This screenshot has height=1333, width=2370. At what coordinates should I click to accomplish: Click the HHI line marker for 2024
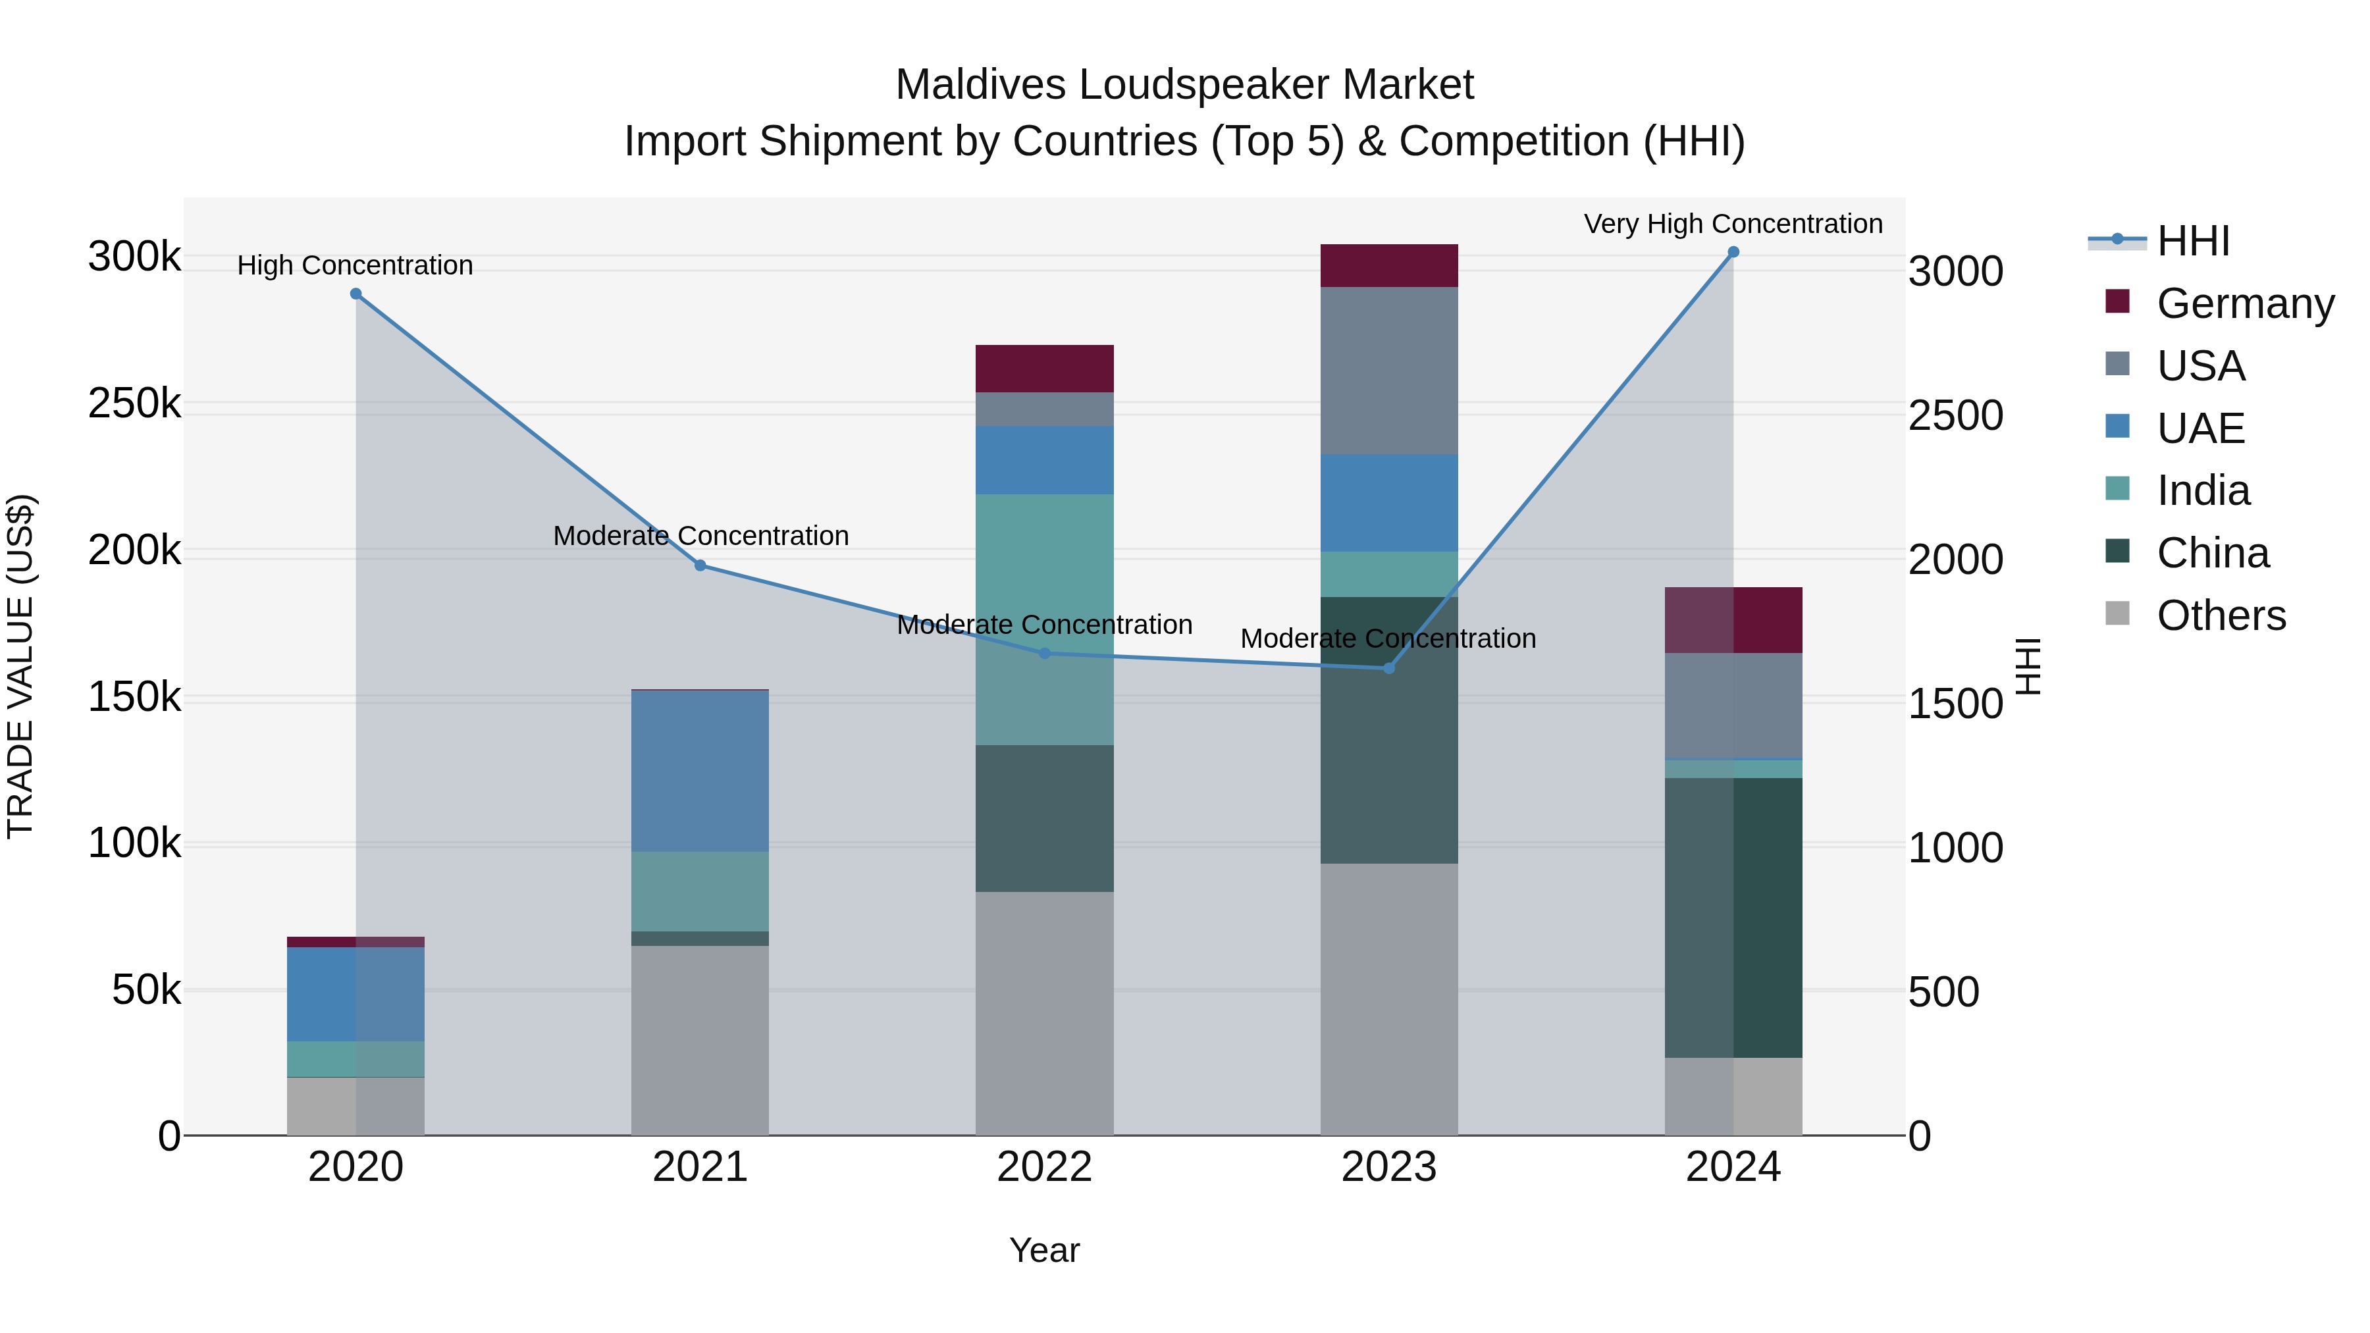(1733, 252)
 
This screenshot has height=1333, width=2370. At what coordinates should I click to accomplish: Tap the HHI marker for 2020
(356, 294)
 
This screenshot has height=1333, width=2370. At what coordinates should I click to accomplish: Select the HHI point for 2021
(700, 565)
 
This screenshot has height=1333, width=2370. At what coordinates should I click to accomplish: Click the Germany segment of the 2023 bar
(1388, 266)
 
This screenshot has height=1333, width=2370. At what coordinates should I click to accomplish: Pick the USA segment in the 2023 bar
(1388, 371)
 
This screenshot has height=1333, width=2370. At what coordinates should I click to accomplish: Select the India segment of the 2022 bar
(1044, 619)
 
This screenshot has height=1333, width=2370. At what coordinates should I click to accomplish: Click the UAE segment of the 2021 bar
(700, 771)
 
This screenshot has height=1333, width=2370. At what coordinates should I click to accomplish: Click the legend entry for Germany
(2245, 303)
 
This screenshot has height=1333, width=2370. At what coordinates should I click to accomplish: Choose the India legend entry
(2203, 490)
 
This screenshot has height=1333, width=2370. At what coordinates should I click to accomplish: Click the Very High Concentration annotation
(1733, 224)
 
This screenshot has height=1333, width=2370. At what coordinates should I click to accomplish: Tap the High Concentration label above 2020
(355, 265)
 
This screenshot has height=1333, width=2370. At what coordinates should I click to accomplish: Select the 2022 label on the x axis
(1044, 1167)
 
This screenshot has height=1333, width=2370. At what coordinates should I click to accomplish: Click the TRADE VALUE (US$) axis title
(21, 666)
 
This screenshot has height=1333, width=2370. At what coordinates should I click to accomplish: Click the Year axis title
(1044, 1250)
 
